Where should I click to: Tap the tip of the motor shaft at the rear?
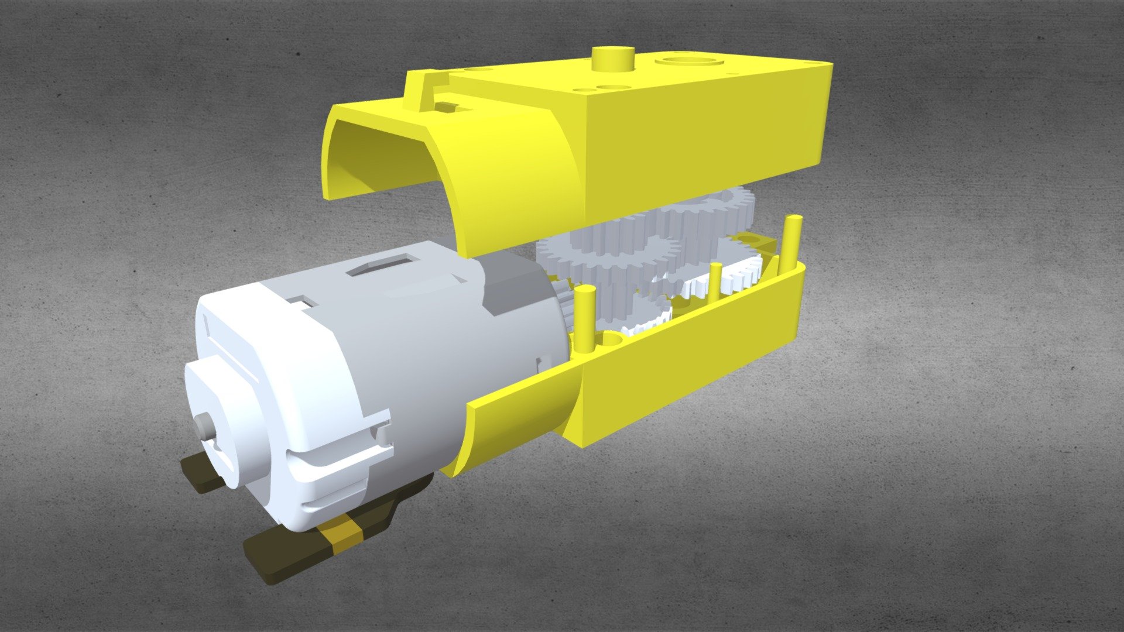tap(204, 427)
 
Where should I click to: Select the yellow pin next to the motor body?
tap(583, 319)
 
